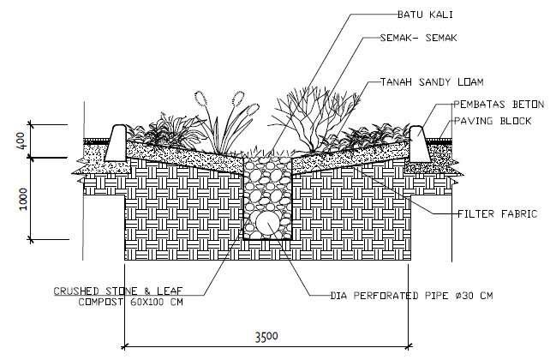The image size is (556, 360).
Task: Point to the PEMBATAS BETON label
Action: [499, 104]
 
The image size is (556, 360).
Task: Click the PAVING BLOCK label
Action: [493, 121]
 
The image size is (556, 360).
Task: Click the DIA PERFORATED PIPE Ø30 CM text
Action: [412, 296]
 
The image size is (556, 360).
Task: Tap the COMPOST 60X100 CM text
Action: [130, 302]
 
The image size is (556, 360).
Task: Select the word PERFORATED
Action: [397, 296]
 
